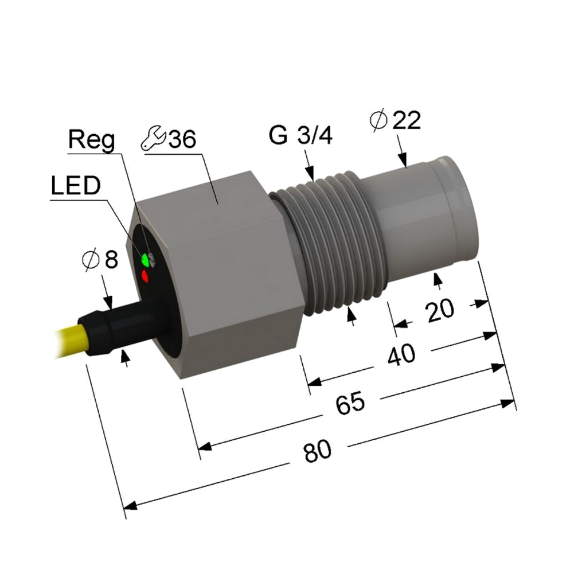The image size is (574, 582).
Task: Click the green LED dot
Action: coord(145,260)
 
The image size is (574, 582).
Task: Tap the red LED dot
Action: coord(145,276)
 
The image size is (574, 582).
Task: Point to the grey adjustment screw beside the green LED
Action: coord(151,259)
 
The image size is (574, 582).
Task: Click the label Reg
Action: coord(92,141)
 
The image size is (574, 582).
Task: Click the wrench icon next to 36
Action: coord(153,138)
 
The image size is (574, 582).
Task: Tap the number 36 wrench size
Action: coord(182,139)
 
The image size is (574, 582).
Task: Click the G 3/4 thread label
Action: coord(300,135)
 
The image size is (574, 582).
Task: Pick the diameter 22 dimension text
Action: coord(396,120)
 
